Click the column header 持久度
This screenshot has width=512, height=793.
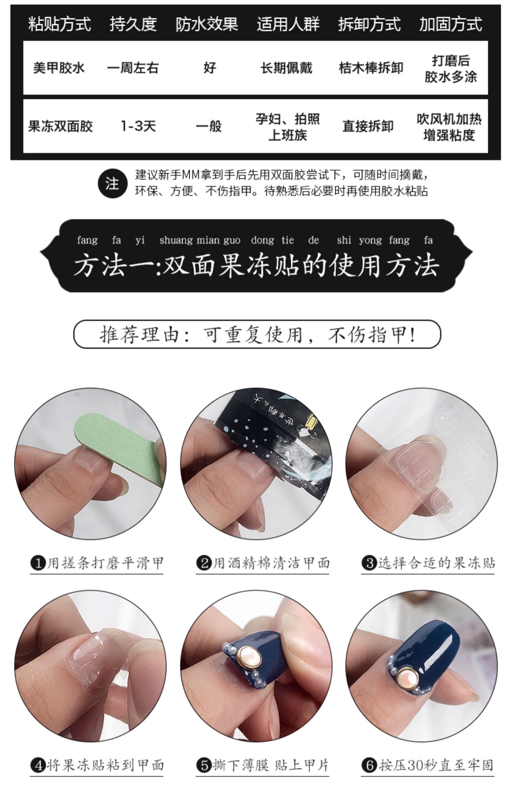click(x=133, y=24)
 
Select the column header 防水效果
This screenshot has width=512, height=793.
click(x=207, y=24)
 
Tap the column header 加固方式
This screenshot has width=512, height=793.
click(x=451, y=24)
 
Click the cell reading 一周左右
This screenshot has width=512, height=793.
click(x=133, y=68)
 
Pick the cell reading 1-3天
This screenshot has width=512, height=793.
click(x=138, y=126)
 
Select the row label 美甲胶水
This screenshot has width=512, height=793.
click(x=59, y=68)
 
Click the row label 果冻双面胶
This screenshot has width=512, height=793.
click(x=60, y=126)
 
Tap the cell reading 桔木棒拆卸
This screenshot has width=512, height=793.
click(x=371, y=68)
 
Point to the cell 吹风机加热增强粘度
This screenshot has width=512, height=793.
click(x=449, y=127)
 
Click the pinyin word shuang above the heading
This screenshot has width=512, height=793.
click(x=176, y=240)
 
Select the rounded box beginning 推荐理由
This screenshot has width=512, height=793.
click(x=257, y=334)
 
